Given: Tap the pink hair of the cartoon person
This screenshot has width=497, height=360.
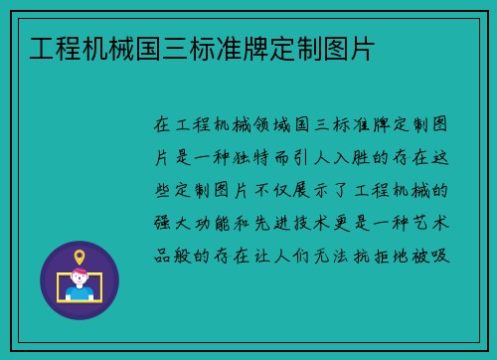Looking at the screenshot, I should tap(80, 272).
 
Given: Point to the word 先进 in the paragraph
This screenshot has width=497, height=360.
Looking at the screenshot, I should tap(283, 221).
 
